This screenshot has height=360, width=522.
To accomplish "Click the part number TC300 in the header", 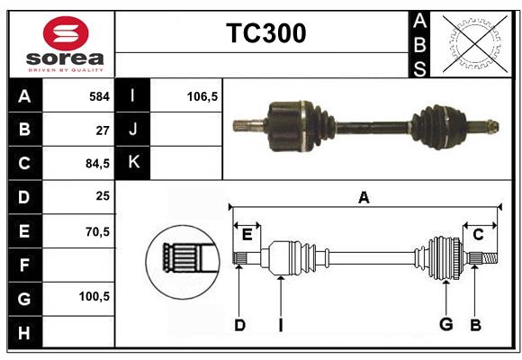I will (265, 33).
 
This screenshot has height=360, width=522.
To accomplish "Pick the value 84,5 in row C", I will (95, 164).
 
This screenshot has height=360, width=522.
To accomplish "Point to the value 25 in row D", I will (103, 197).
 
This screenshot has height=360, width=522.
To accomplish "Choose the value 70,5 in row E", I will (95, 231).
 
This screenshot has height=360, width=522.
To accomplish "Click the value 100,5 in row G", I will (94, 296).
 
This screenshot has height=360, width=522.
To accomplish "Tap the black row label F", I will (24, 265).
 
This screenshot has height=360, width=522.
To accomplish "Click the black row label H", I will (24, 332).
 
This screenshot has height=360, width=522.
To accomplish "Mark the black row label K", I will (133, 163).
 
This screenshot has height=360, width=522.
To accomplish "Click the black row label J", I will (133, 130).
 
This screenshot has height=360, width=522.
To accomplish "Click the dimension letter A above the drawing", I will (364, 197).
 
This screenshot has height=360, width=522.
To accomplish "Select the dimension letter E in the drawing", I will (247, 235).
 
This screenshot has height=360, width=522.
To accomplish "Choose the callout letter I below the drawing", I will (280, 325).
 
